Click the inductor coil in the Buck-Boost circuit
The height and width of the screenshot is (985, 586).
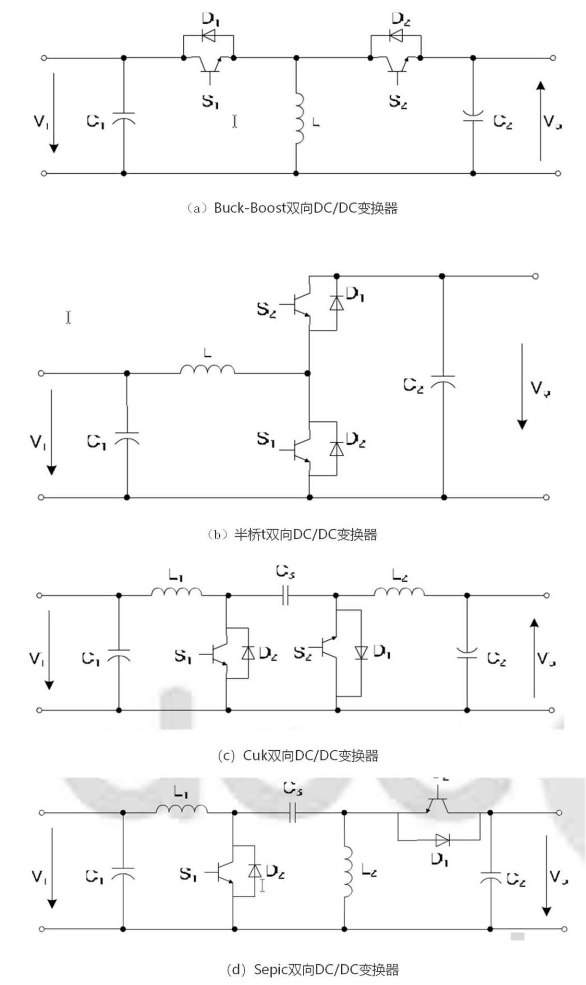tap(299, 118)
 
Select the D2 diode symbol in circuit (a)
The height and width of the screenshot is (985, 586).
tap(396, 36)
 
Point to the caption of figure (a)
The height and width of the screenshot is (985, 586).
tap(292, 208)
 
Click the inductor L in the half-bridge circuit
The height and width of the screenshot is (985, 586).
tap(207, 369)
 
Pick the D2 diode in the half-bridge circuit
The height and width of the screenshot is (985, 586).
tap(336, 449)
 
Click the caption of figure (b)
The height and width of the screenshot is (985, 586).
tap(292, 534)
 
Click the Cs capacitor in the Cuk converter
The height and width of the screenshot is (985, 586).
tap(285, 596)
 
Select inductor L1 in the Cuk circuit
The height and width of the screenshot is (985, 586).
tap(176, 592)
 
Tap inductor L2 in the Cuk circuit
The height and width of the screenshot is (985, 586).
tap(399, 592)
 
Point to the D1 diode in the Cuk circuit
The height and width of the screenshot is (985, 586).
tap(361, 652)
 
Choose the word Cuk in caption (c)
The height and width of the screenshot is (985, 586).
tap(255, 755)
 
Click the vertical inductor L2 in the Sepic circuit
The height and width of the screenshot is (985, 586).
tap(348, 870)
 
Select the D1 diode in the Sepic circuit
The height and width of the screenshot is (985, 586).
tap(442, 840)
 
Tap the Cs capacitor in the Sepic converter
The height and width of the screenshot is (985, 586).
tap(292, 812)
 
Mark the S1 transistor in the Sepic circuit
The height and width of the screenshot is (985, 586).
tap(227, 872)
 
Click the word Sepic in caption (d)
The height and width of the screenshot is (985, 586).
tap(270, 969)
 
